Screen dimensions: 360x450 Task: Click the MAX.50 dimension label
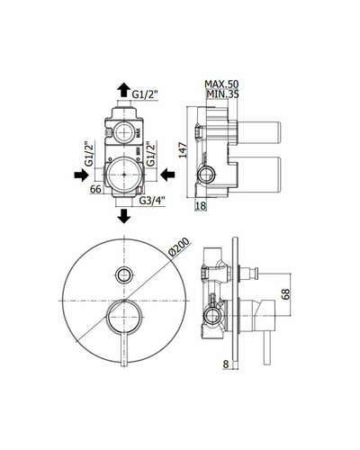coord(221,84)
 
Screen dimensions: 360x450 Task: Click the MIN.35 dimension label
coord(222,94)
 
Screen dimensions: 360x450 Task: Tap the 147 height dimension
coord(183,150)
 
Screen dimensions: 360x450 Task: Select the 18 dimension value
coord(201,205)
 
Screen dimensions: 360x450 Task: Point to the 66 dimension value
coord(95,189)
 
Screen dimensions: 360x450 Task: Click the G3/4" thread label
coord(152,200)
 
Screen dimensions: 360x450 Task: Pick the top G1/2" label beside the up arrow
coord(145,94)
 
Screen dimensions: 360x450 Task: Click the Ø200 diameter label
coord(179,247)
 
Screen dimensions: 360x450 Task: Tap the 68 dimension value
coord(286,293)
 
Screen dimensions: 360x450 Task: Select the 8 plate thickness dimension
coord(226,364)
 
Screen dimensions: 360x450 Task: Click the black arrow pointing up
coord(123,90)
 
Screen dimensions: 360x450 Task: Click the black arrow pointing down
coord(124,216)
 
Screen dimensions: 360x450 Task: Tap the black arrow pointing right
coord(81,175)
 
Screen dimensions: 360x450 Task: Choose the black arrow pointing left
coord(167,175)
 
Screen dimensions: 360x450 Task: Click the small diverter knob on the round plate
coord(124,274)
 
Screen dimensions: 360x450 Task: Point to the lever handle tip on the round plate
coord(124,364)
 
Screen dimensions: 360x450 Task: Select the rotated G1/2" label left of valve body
coord(89,154)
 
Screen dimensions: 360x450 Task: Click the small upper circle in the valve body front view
coord(124,131)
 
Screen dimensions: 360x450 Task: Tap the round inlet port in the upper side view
coord(207,174)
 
